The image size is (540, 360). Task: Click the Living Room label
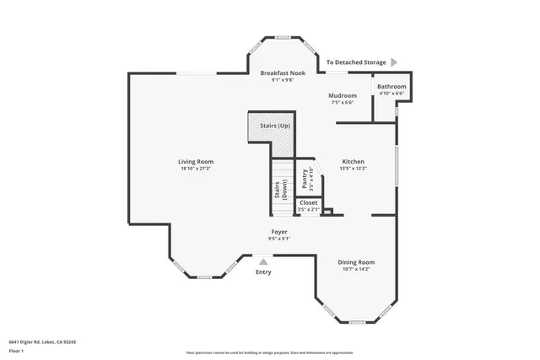point(195,162)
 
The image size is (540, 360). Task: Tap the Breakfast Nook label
point(282,73)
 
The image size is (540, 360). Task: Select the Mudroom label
point(342,96)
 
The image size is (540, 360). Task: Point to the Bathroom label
point(391,87)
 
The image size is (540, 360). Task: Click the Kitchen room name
point(353,162)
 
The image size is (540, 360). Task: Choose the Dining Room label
point(356,262)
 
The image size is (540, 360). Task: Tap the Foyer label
point(279,232)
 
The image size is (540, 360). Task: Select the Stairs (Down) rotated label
point(279,191)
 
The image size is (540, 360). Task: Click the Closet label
point(309,203)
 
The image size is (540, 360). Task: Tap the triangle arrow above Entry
point(263,262)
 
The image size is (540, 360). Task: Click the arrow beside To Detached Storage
point(394,62)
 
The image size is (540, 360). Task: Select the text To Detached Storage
point(356,62)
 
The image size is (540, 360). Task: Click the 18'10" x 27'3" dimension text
point(195,169)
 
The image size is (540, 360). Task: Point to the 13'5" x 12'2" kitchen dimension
point(353,169)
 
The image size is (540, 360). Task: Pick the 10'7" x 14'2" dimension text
point(356,269)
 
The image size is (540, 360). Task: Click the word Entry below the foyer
point(263,271)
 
